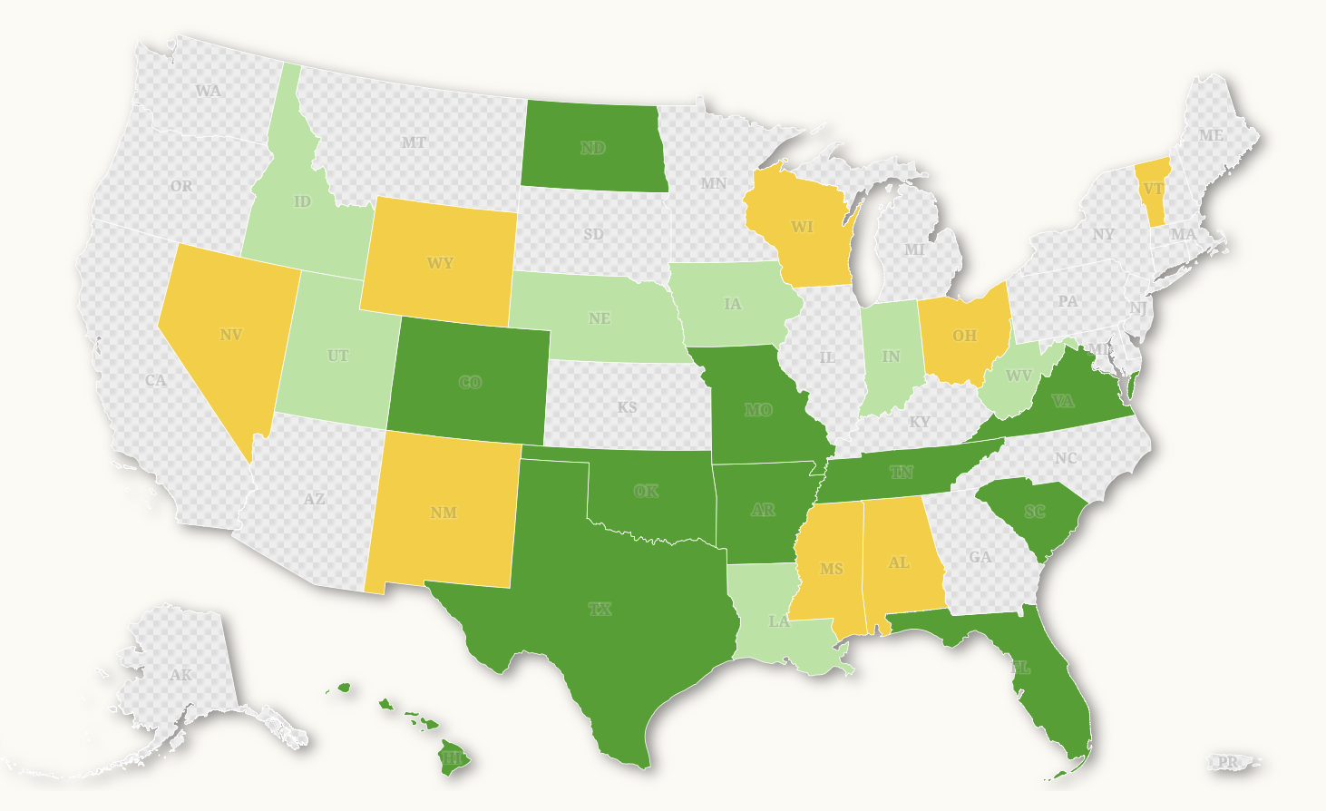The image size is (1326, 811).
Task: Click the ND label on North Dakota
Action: tap(593, 148)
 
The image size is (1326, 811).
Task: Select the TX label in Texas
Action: tap(600, 609)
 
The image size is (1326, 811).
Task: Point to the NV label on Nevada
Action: tap(231, 335)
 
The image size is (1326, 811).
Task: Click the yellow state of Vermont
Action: tap(1153, 190)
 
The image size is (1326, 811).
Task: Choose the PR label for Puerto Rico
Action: tap(1227, 762)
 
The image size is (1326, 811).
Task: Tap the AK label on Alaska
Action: tap(180, 675)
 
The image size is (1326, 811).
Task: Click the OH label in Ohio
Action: tap(964, 336)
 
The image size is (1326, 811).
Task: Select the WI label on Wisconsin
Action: tap(802, 227)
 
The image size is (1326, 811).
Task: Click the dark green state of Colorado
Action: tap(470, 382)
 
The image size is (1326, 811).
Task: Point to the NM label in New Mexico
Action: tap(444, 513)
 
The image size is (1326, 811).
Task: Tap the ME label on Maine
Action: tap(1211, 135)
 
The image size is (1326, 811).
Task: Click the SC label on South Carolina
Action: tap(1035, 512)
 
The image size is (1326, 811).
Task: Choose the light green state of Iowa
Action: tap(733, 304)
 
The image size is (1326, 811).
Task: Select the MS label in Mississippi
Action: tap(831, 569)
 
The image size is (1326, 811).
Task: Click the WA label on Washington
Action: tap(209, 91)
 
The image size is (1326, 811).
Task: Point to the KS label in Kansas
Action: tap(628, 407)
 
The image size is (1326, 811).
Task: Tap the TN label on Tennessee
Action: tap(902, 472)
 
